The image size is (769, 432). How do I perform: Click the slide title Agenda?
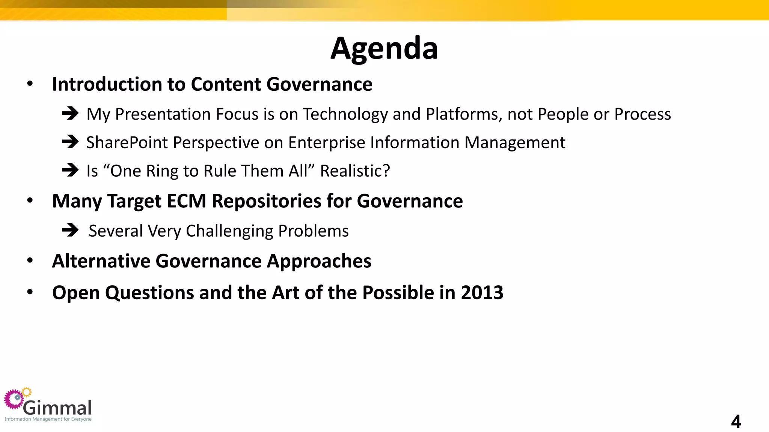point(384,49)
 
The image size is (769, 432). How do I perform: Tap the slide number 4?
point(736,421)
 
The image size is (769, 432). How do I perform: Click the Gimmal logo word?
point(57,408)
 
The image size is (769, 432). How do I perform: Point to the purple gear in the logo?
point(14,399)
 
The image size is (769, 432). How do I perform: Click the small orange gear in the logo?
point(27,392)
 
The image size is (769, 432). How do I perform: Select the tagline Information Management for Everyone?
point(48,419)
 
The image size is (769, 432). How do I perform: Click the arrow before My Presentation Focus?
point(70,113)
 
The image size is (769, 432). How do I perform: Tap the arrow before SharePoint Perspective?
point(70,142)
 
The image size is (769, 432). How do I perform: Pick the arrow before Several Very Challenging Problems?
point(70,230)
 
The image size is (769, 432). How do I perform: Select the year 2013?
point(482,292)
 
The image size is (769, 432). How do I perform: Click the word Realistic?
point(355,171)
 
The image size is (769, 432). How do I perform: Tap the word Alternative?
point(101,261)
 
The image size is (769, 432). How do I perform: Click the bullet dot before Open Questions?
point(30,292)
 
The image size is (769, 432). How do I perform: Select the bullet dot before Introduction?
point(30,84)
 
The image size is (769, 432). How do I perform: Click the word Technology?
point(345,114)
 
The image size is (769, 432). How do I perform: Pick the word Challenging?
point(229,231)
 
